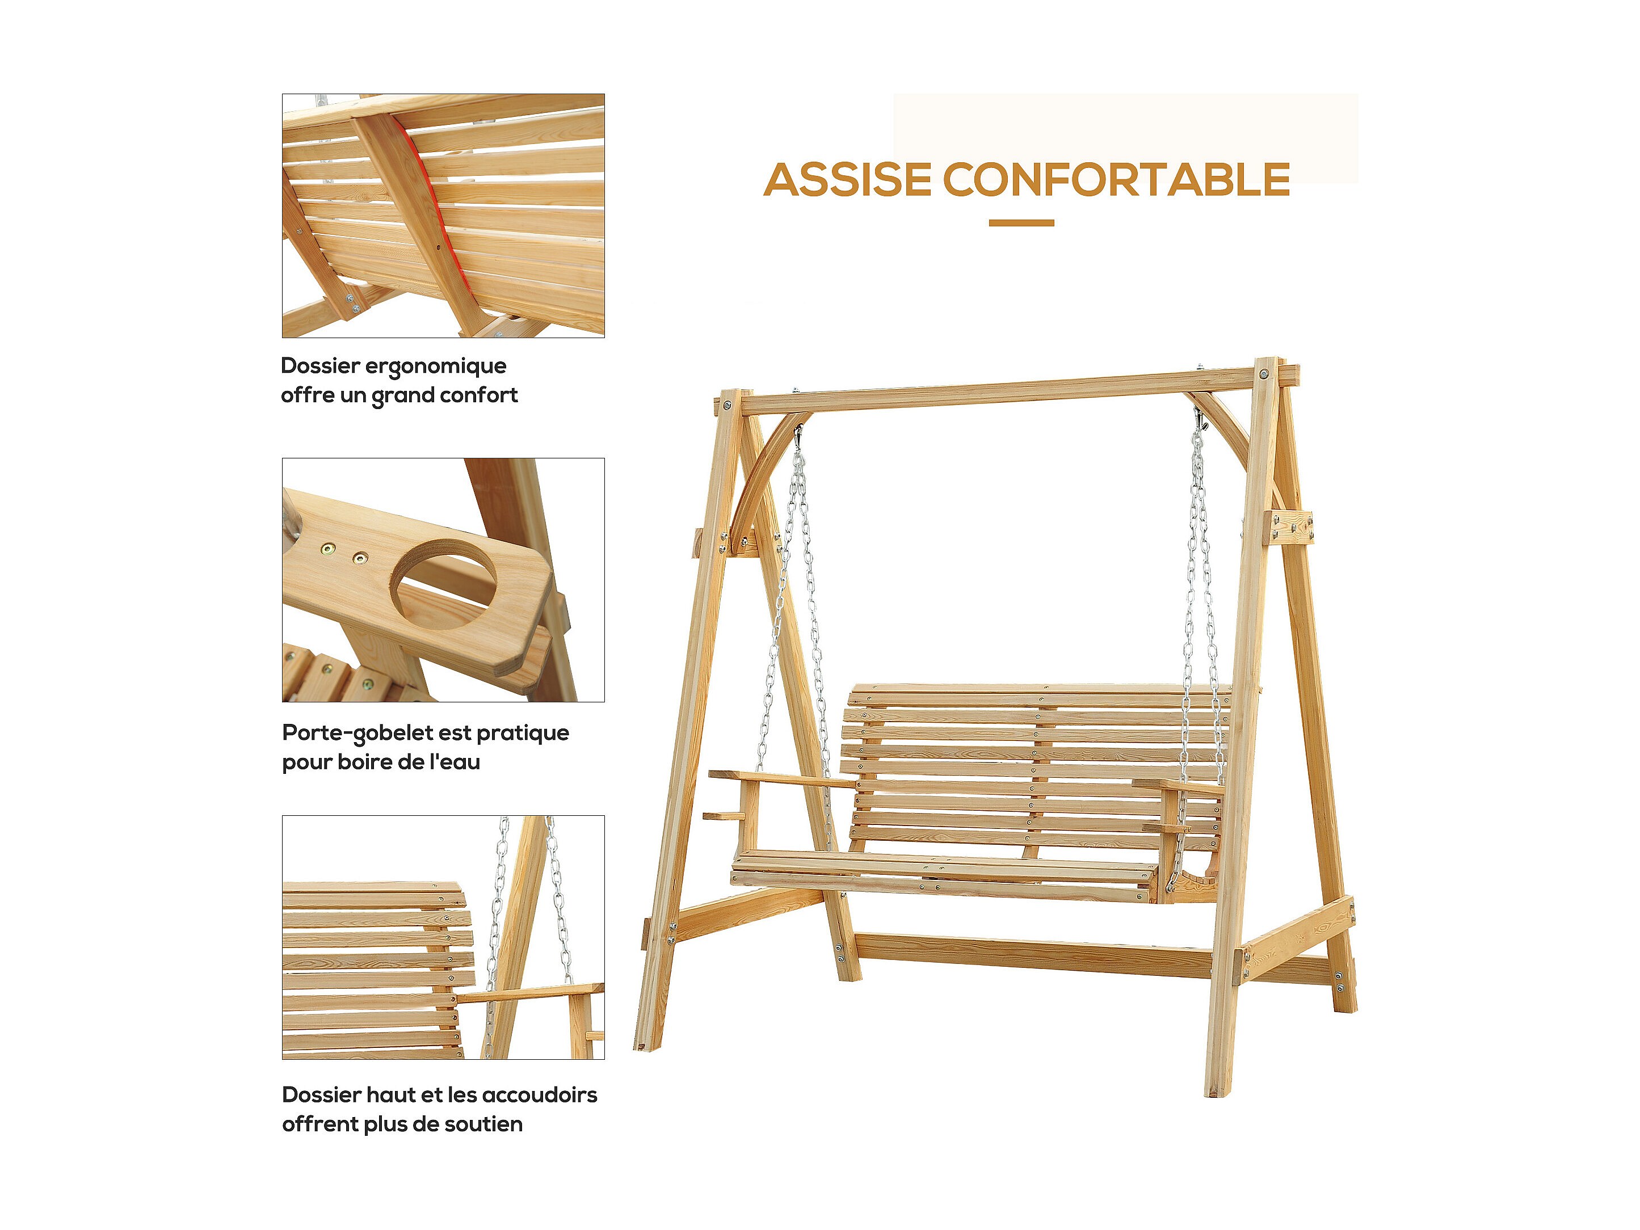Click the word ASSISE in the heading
coord(847,180)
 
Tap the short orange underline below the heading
coord(1021,222)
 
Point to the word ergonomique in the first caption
coord(447,367)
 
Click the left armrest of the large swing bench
coord(782,778)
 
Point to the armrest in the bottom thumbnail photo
coord(530,992)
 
